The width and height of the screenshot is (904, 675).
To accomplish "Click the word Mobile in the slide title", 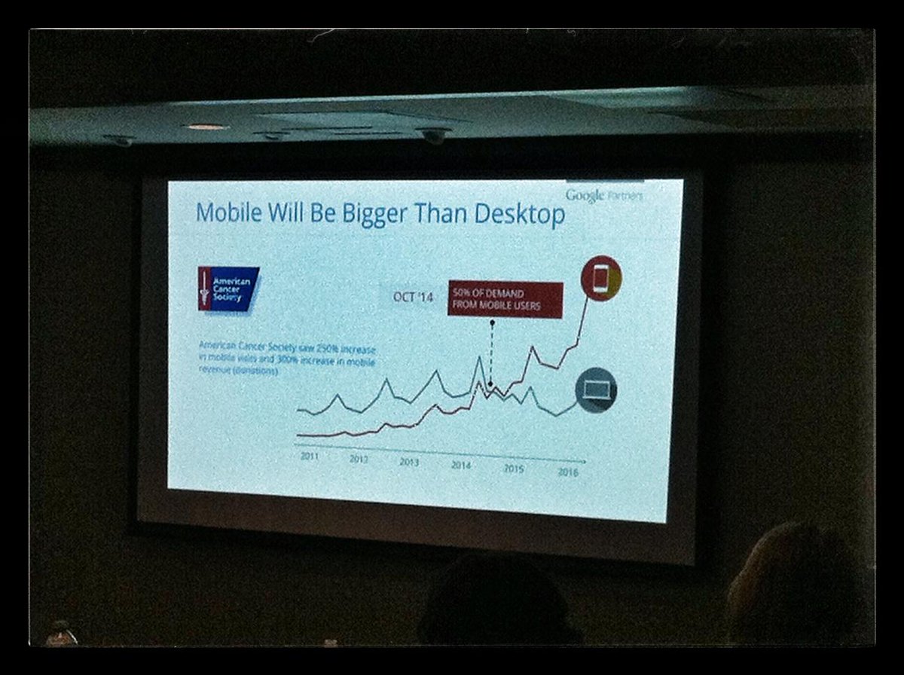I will (x=229, y=213).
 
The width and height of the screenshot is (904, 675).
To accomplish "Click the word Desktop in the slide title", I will (x=519, y=214).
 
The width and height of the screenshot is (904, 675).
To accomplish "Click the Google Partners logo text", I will (x=604, y=196).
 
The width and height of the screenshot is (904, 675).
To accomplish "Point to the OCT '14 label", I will (x=413, y=297).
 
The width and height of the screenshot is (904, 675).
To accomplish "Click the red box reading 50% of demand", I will (x=505, y=300).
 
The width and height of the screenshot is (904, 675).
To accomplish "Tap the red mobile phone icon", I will (x=600, y=278).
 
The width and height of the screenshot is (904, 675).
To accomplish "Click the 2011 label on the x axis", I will (x=310, y=456).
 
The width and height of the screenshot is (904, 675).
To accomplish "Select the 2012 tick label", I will (x=359, y=459).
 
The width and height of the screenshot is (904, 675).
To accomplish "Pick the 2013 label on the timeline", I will (x=409, y=462).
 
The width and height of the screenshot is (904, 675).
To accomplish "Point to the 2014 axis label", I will (x=461, y=465).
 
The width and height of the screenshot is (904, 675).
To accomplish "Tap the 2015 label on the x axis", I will (x=514, y=469).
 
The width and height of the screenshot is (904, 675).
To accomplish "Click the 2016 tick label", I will (x=567, y=472).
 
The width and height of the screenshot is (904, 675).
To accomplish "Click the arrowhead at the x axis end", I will (x=583, y=460).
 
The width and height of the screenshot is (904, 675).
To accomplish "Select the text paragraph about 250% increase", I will (x=286, y=359).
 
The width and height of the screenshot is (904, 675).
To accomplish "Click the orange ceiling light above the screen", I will (x=205, y=127).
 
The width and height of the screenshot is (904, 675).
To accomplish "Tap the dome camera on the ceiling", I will (x=433, y=136).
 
